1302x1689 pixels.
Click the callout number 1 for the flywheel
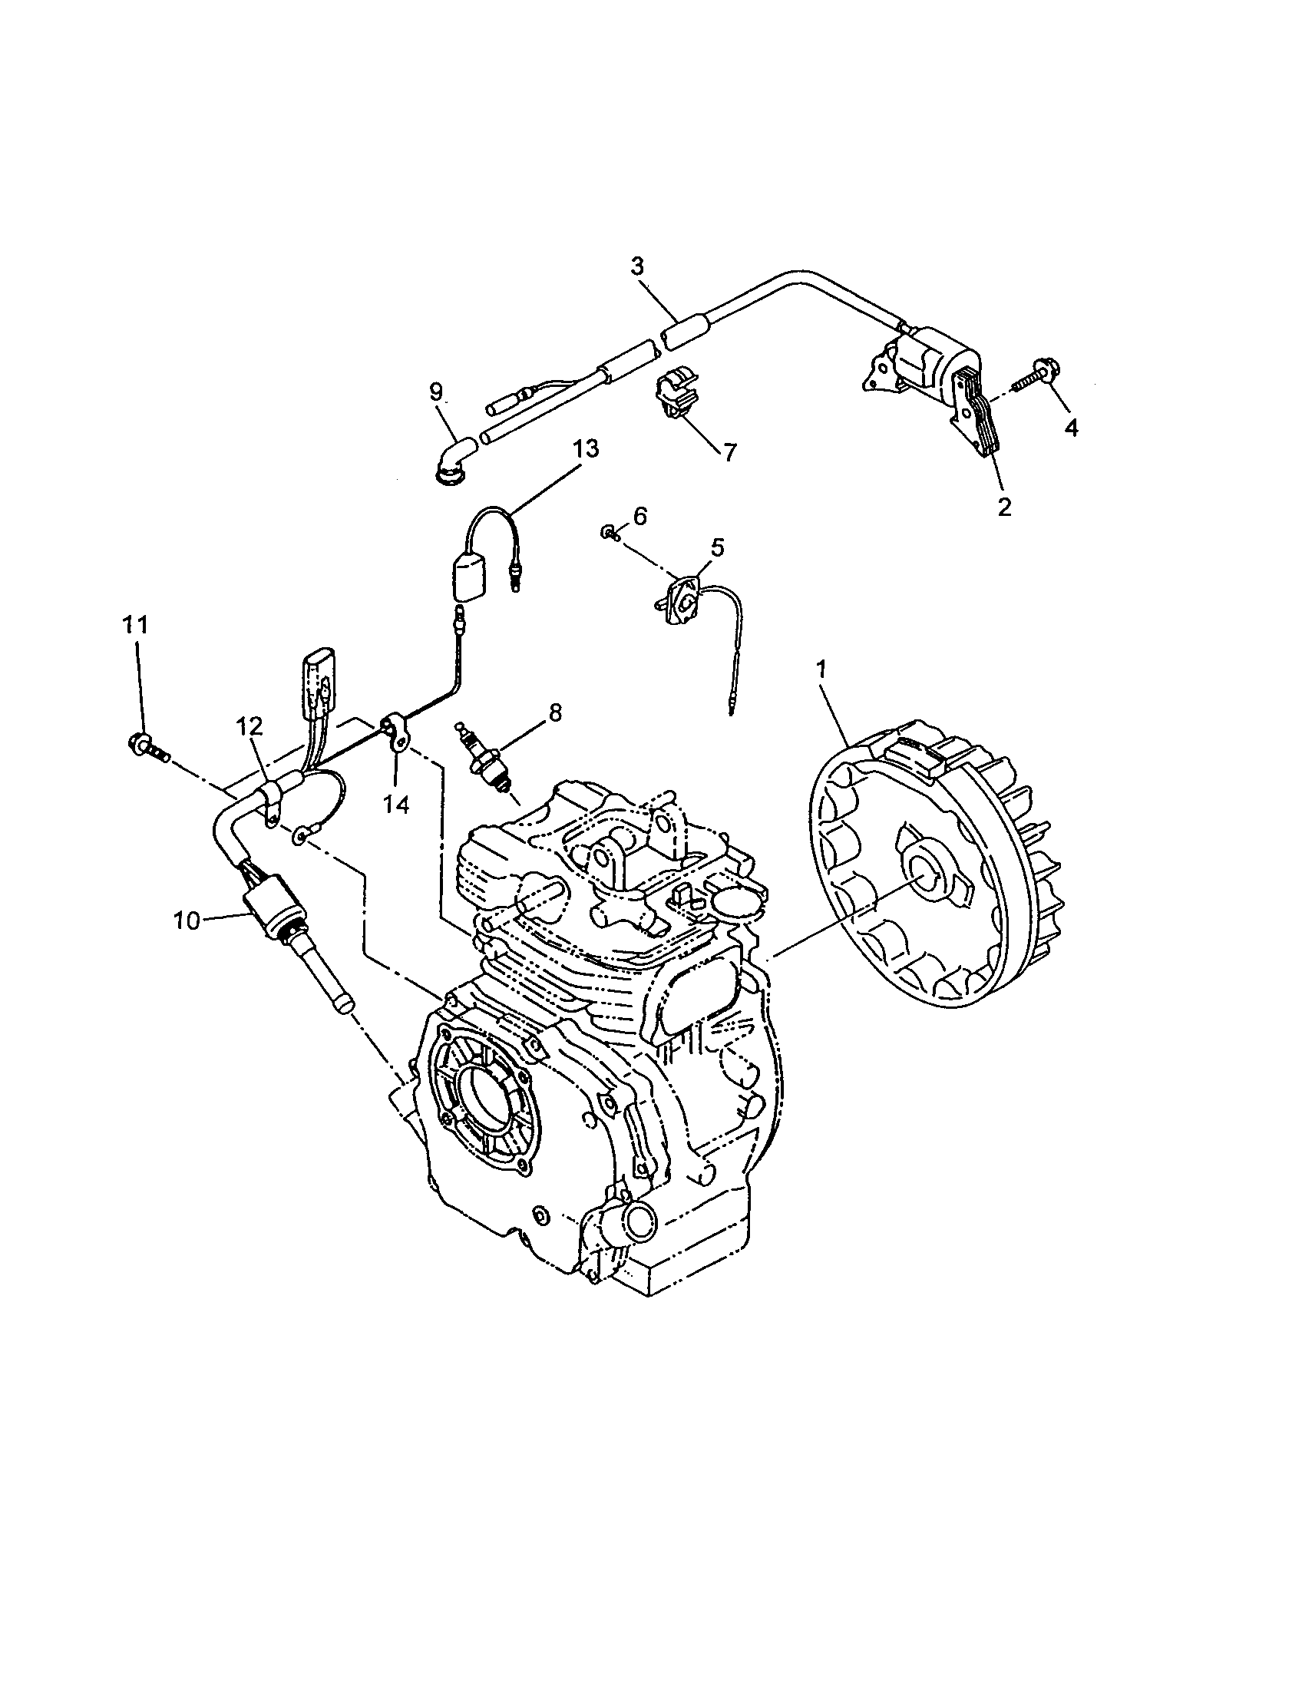[x=822, y=669]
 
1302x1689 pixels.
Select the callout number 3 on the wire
[x=636, y=267]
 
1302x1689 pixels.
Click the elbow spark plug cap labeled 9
[x=454, y=458]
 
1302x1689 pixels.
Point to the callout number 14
[x=396, y=805]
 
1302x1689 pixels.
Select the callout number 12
[x=249, y=726]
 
